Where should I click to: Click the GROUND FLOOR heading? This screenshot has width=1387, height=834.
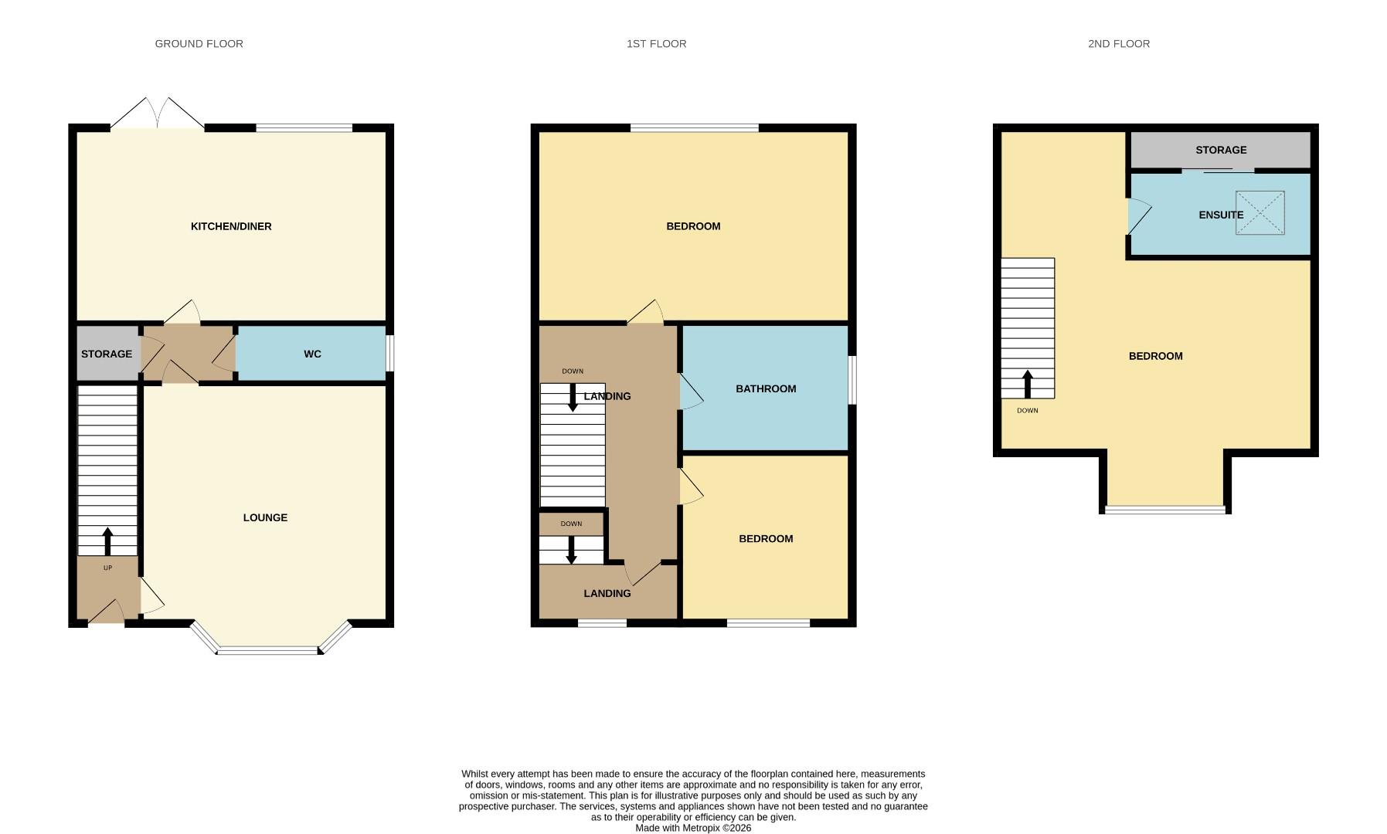tap(199, 44)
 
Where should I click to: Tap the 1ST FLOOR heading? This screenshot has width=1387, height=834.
tap(656, 44)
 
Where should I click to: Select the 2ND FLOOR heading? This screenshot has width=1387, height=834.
tap(1118, 44)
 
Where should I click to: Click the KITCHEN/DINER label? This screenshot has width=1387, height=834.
tap(231, 226)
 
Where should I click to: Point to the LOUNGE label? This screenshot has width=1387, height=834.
tap(265, 517)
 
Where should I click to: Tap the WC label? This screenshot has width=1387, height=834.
tap(312, 354)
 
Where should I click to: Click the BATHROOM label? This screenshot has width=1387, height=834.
tap(765, 388)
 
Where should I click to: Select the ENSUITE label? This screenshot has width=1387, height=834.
tap(1220, 215)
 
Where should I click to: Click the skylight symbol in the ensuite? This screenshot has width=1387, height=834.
tap(1260, 212)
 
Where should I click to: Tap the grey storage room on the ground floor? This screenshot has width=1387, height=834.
tap(107, 354)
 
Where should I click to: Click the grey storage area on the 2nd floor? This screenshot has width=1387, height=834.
tap(1220, 150)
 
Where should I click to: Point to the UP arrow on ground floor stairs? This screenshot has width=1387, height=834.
tap(107, 541)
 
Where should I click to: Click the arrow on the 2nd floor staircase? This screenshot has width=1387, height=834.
tap(1028, 384)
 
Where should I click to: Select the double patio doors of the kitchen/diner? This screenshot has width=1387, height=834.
tap(158, 114)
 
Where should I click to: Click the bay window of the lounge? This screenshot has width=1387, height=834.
tap(268, 650)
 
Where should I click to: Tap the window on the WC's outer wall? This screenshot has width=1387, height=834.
tap(389, 353)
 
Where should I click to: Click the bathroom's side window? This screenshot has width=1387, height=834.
tap(852, 380)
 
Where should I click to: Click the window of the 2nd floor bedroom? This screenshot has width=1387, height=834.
tap(1164, 509)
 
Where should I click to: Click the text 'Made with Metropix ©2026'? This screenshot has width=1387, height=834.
tap(692, 828)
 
